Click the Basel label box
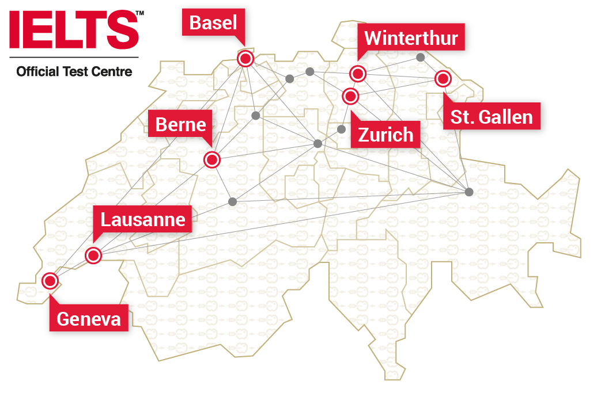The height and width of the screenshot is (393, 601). coord(213,24)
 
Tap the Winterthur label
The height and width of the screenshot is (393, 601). coord(411,39)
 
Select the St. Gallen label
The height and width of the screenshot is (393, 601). coord(492,117)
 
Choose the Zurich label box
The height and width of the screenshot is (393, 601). coord(386,135)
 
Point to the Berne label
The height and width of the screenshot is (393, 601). coord(181,124)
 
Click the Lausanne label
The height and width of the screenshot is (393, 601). coord(143,220)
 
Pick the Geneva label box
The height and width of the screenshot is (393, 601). coord(89,319)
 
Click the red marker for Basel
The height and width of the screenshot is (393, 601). coord(246,58)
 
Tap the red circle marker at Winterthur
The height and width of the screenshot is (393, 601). coord(358,74)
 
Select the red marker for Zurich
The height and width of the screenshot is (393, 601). coord(350,96)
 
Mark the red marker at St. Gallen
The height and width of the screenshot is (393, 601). coord(442,78)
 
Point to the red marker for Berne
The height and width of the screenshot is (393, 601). coord(212,160)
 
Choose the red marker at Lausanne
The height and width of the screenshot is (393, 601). coord(93,255)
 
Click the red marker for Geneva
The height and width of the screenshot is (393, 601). coord(50,281)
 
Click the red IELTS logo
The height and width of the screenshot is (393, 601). coord(74,30)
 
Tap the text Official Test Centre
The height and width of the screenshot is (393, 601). coord(74,72)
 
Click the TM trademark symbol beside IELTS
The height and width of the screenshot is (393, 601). coord(140,13)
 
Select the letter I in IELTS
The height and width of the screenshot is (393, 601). coord(14,30)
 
